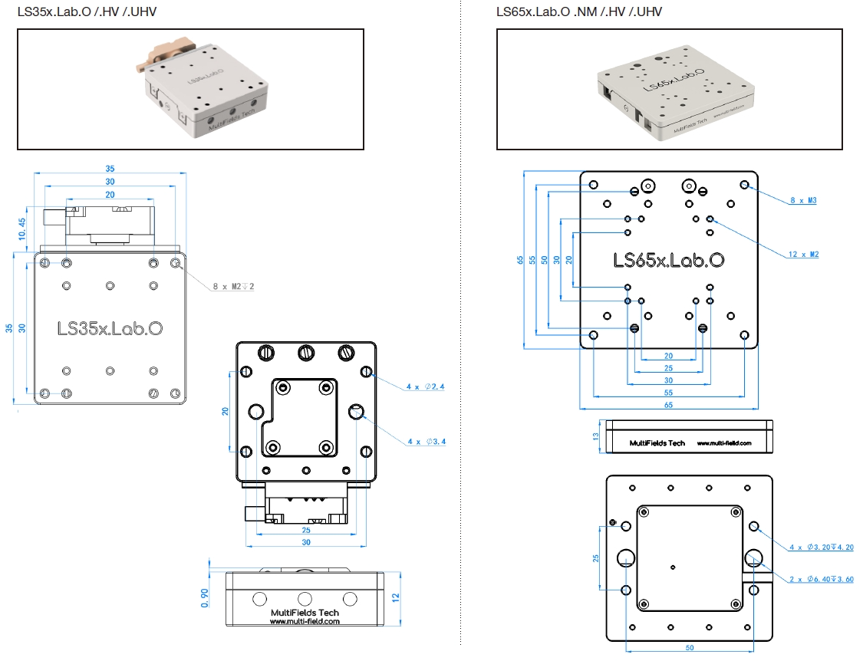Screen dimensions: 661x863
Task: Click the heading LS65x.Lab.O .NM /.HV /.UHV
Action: (579, 12)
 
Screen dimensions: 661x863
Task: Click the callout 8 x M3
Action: (803, 201)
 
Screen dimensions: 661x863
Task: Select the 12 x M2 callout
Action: (803, 254)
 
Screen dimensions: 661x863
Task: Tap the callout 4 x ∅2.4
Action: (426, 386)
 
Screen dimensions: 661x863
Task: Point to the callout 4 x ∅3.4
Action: (426, 442)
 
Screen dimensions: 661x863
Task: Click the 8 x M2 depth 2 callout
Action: (233, 287)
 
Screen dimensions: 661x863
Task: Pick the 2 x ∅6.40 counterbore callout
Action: (822, 579)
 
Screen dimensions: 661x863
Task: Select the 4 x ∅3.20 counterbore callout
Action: (822, 547)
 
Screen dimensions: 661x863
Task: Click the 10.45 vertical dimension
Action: (22, 229)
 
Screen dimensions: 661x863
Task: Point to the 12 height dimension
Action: (397, 597)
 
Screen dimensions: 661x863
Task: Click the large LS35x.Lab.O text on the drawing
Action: (110, 328)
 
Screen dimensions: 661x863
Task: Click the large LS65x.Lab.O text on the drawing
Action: (669, 261)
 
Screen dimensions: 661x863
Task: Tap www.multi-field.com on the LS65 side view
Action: (723, 442)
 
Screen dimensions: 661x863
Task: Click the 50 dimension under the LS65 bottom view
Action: (690, 648)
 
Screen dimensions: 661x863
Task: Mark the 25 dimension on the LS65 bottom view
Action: (596, 558)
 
